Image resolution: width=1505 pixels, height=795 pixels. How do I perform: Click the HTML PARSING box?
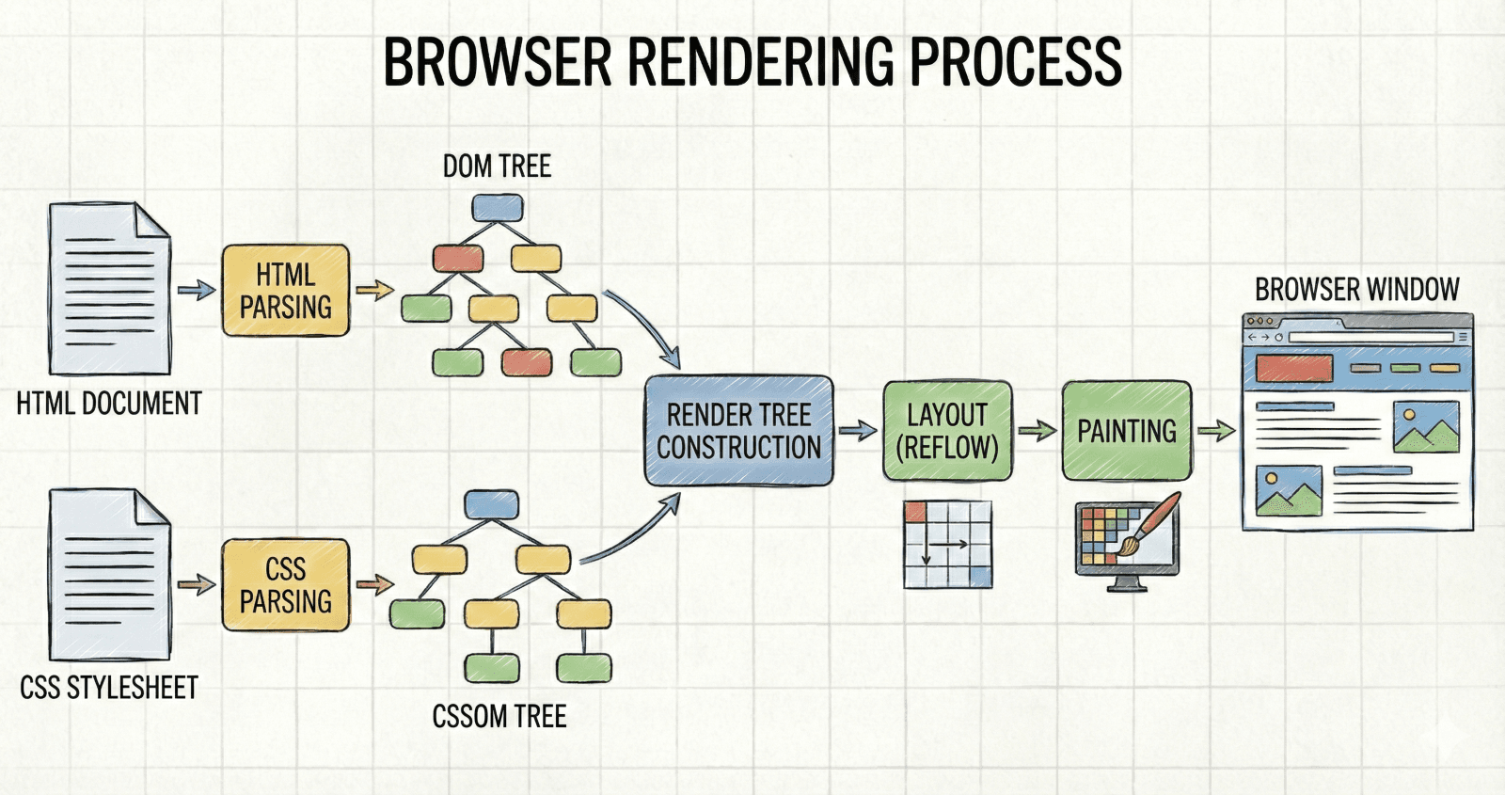(286, 291)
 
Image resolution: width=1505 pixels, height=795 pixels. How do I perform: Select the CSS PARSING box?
(286, 584)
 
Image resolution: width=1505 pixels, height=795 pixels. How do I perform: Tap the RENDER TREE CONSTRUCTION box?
(739, 431)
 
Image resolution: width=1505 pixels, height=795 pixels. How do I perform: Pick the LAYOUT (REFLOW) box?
(947, 431)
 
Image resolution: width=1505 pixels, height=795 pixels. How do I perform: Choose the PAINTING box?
(1127, 431)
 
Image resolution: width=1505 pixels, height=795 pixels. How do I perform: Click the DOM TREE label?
(498, 166)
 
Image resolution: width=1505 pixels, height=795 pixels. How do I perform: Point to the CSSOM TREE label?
(499, 716)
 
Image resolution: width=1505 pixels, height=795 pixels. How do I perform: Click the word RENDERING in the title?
(761, 61)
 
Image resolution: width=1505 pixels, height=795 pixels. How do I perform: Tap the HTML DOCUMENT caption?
(109, 404)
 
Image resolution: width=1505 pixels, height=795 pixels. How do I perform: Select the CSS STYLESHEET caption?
(109, 688)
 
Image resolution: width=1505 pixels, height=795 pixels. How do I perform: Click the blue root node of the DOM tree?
(498, 208)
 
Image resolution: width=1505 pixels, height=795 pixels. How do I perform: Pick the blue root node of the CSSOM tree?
(492, 504)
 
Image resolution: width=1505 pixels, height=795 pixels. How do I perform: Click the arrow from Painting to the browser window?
(1217, 430)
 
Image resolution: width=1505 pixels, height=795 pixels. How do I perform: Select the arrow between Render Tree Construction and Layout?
(858, 430)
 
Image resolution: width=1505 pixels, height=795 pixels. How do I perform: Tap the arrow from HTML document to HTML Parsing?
(197, 291)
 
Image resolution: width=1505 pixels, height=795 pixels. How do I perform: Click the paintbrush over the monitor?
(1146, 526)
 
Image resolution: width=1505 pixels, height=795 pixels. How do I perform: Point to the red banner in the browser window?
(1294, 368)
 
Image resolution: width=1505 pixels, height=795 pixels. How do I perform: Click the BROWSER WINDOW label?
(1357, 290)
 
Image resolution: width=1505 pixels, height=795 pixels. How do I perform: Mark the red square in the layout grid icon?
(915, 512)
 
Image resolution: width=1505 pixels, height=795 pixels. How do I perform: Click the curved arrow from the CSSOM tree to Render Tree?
(631, 535)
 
